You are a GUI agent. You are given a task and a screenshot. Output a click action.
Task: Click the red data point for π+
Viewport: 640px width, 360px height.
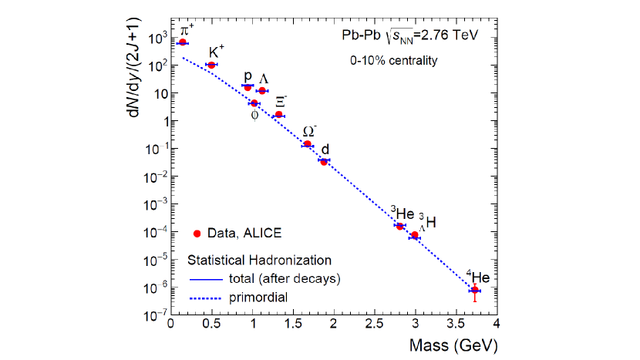[183, 42]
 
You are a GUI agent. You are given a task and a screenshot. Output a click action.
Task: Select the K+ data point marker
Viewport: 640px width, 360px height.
[211, 65]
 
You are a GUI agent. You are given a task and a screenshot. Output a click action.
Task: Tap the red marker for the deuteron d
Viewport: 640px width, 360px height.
[324, 161]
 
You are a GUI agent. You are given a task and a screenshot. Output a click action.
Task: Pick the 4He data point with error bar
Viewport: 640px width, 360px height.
[475, 290]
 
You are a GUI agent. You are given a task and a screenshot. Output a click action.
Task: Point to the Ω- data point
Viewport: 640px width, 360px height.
[307, 144]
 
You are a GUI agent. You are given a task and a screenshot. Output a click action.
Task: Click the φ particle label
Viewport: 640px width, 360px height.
[254, 116]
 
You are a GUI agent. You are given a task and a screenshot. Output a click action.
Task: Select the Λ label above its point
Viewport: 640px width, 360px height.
[264, 79]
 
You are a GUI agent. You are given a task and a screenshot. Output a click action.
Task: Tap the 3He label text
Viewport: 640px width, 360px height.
[402, 213]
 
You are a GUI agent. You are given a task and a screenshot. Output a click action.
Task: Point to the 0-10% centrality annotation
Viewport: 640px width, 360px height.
[395, 60]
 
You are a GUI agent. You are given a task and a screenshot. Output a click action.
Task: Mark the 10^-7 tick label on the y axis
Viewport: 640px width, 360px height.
[151, 315]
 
